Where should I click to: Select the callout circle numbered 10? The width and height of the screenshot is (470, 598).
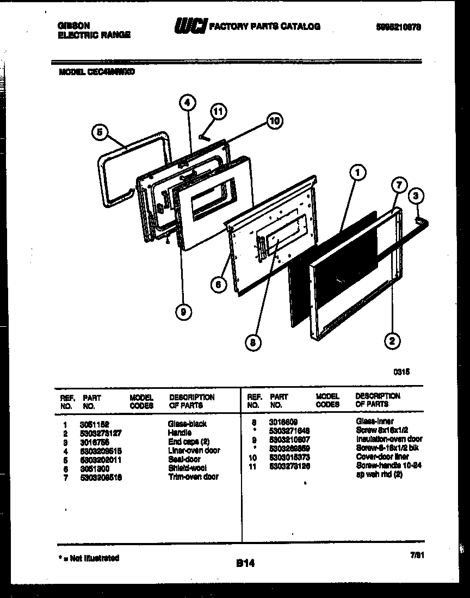[274, 121]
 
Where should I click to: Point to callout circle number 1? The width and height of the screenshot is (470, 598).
[357, 173]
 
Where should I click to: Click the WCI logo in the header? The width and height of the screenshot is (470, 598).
[190, 26]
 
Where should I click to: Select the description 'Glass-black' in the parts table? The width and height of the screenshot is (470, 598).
[188, 424]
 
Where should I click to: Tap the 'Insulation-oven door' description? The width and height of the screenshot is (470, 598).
[389, 439]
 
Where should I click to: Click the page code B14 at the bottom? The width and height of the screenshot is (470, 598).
[245, 564]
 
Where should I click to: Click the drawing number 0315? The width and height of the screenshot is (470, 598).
[401, 371]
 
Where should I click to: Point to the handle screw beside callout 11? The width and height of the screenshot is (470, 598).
[204, 137]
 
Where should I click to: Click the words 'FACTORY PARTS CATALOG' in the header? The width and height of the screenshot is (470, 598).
[265, 26]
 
